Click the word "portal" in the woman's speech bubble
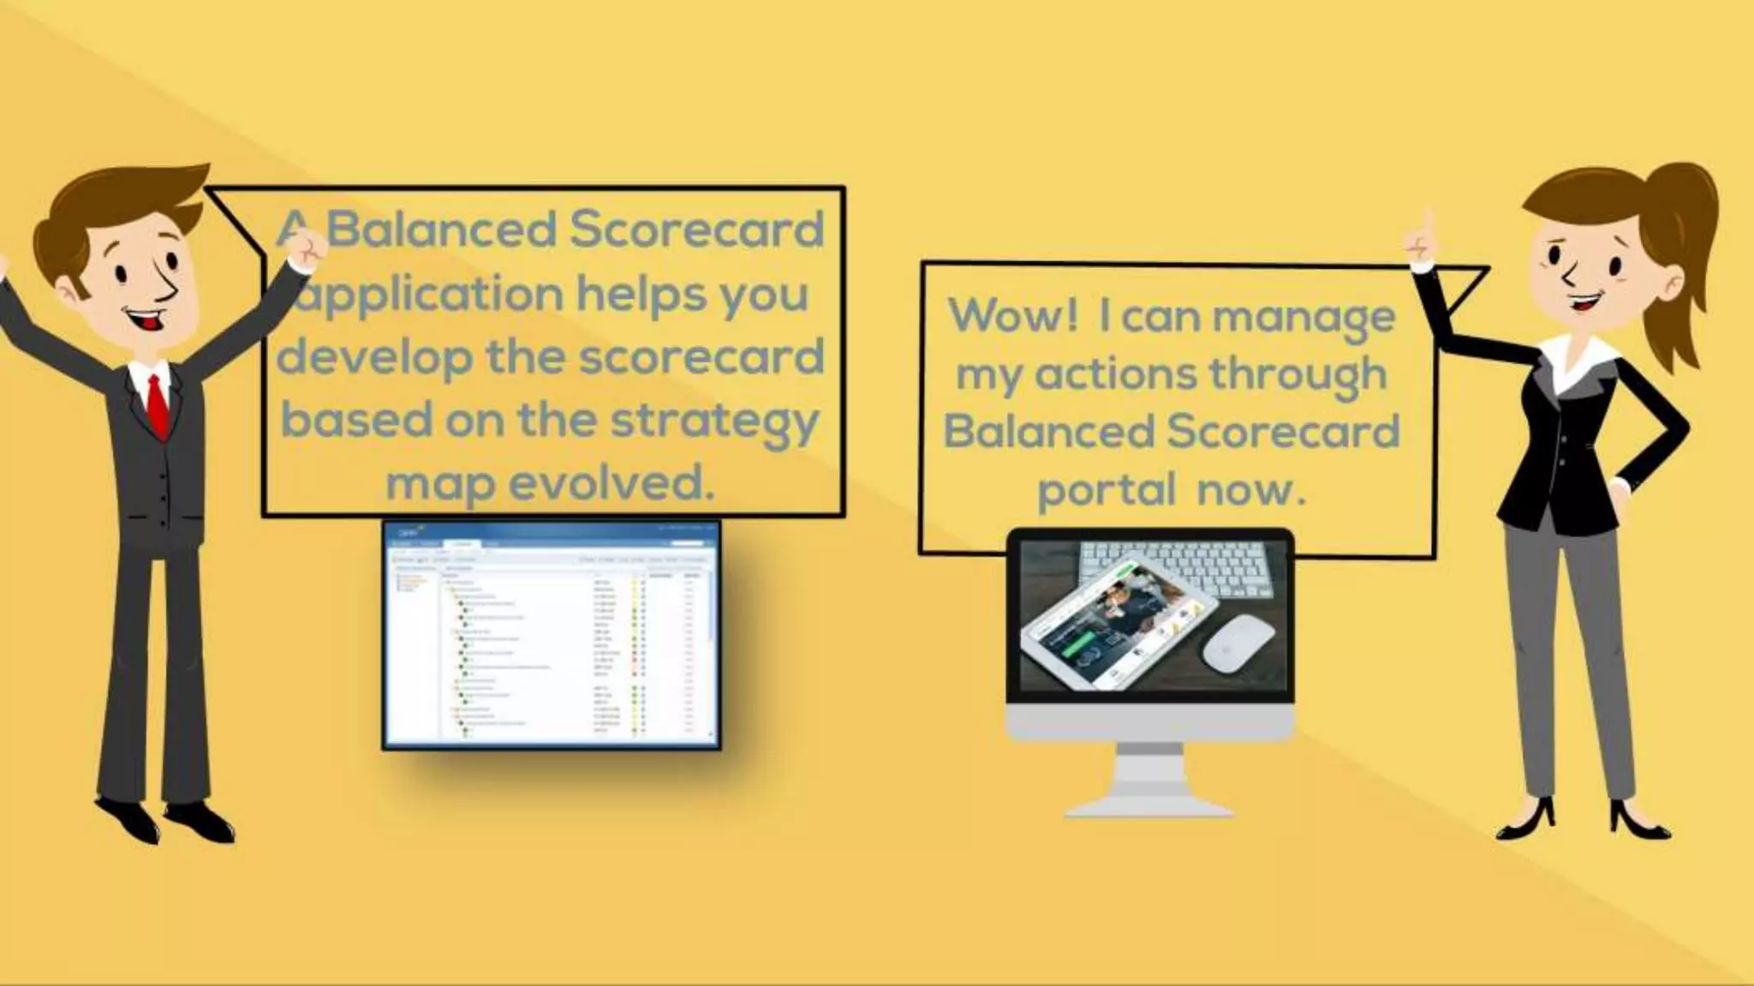1106,490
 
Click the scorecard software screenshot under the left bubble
551,635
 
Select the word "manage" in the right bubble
1304,317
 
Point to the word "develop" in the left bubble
373,356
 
